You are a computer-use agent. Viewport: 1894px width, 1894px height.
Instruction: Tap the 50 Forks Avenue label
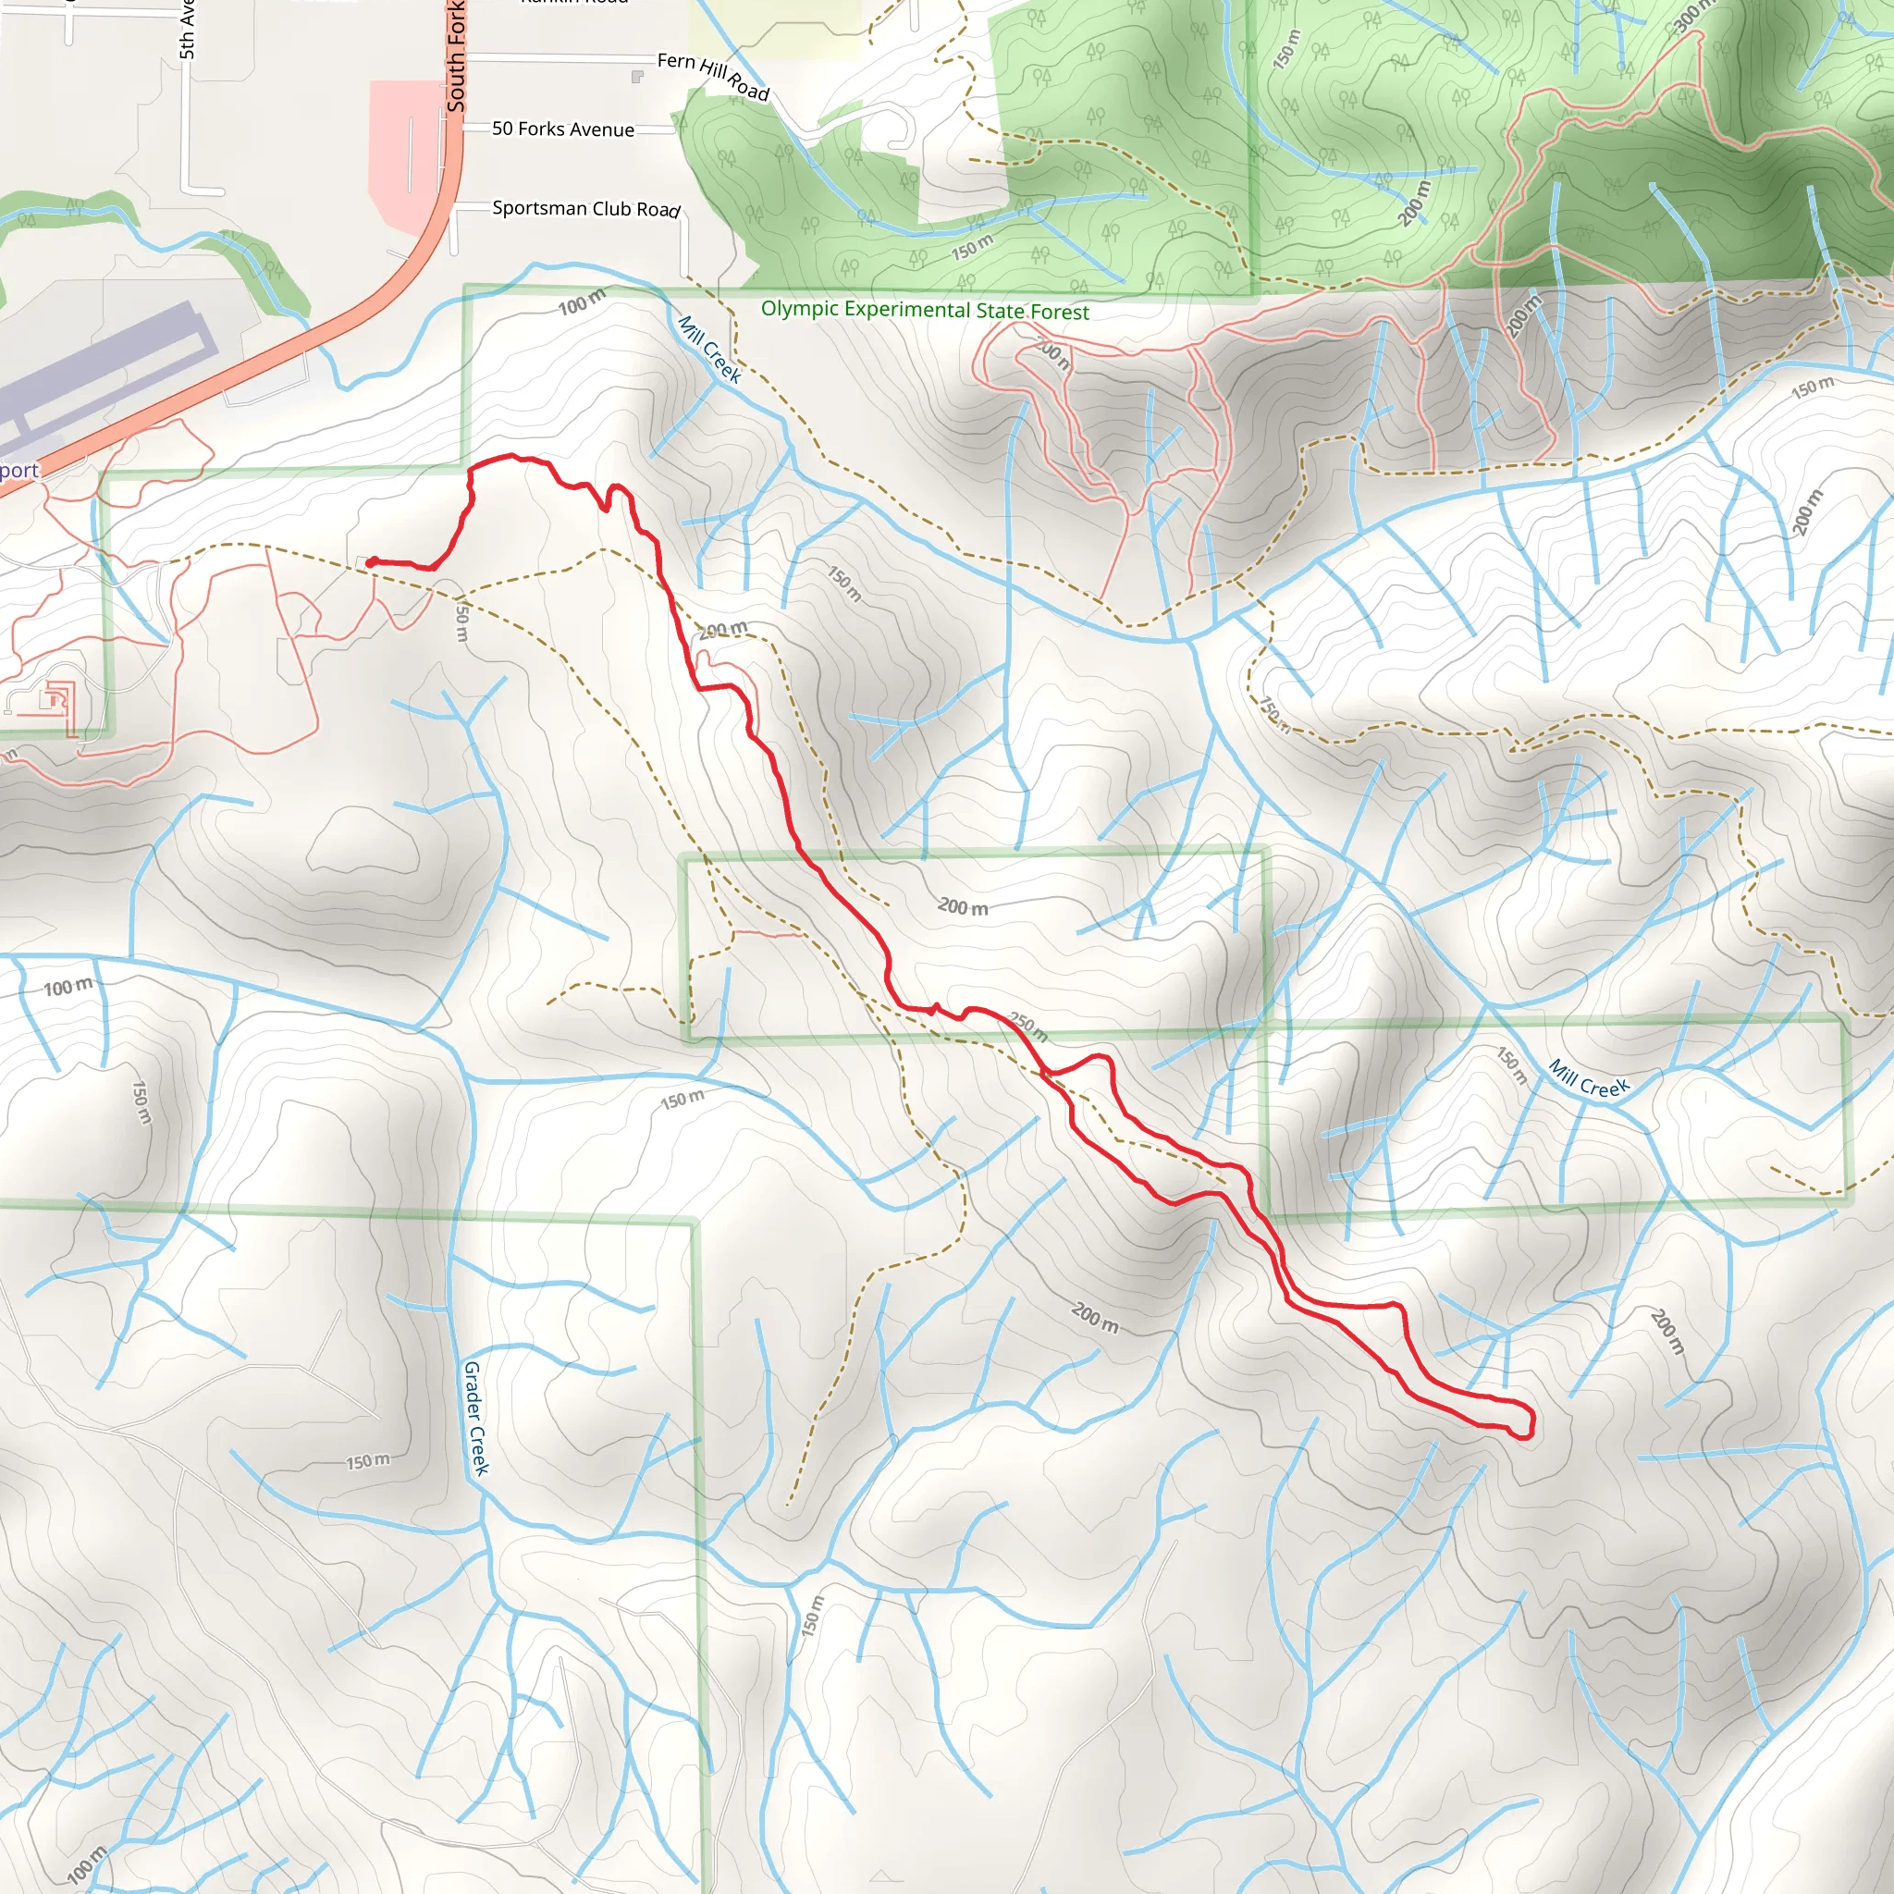point(562,129)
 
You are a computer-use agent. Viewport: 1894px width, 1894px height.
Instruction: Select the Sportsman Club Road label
point(585,209)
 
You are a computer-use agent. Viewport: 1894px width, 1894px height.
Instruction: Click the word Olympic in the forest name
point(799,309)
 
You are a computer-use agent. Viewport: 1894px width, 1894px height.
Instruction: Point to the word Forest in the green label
point(1059,313)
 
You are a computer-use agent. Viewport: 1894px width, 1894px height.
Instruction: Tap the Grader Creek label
point(475,1418)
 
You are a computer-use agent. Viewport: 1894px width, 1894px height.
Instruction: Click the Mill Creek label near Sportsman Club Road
point(709,348)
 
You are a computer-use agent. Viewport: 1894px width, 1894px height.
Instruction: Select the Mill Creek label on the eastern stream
point(1588,1079)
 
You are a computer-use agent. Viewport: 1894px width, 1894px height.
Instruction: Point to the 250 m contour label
point(1028,1027)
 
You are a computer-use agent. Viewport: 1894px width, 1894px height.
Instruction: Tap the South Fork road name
point(456,56)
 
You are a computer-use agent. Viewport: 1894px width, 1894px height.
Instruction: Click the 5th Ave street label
point(187,30)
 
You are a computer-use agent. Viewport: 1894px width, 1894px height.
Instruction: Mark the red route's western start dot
point(373,561)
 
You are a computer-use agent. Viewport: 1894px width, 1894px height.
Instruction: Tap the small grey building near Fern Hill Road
point(637,77)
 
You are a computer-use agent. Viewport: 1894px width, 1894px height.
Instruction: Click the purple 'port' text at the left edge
point(18,471)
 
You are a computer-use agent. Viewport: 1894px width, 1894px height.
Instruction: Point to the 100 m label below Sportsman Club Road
point(583,304)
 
